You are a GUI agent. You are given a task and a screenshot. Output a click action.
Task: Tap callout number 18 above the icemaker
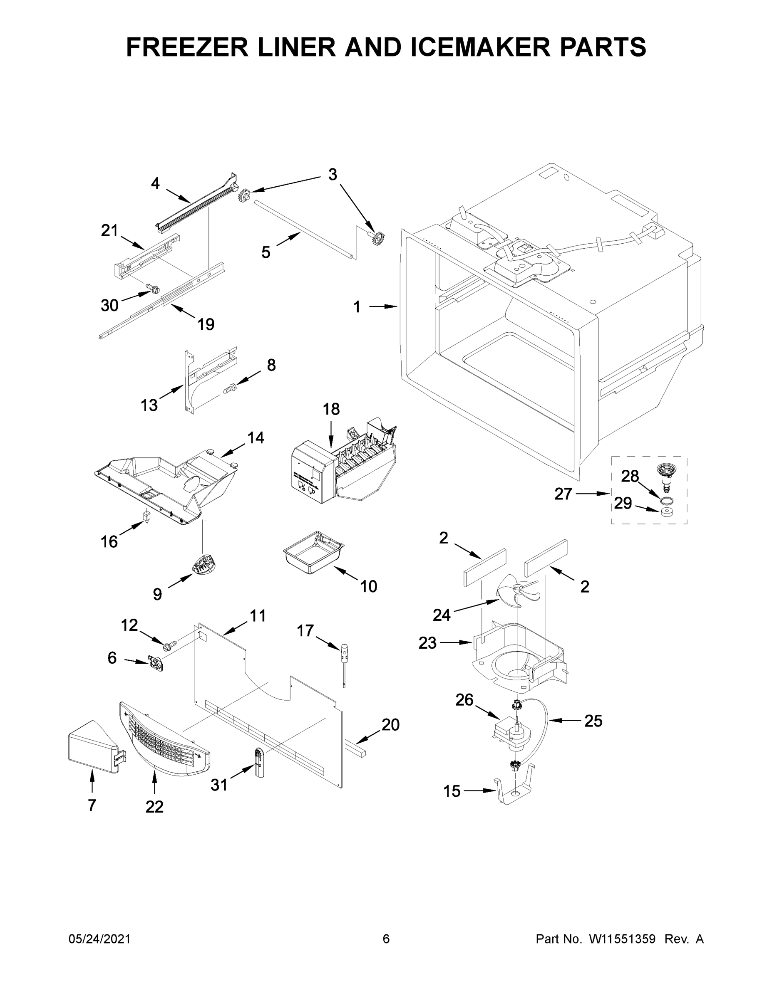tap(331, 409)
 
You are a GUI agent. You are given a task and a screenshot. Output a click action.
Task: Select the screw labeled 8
tap(230, 389)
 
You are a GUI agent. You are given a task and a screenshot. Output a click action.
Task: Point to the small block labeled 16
tap(146, 517)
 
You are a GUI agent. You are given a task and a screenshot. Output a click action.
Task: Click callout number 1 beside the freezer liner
tap(357, 307)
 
